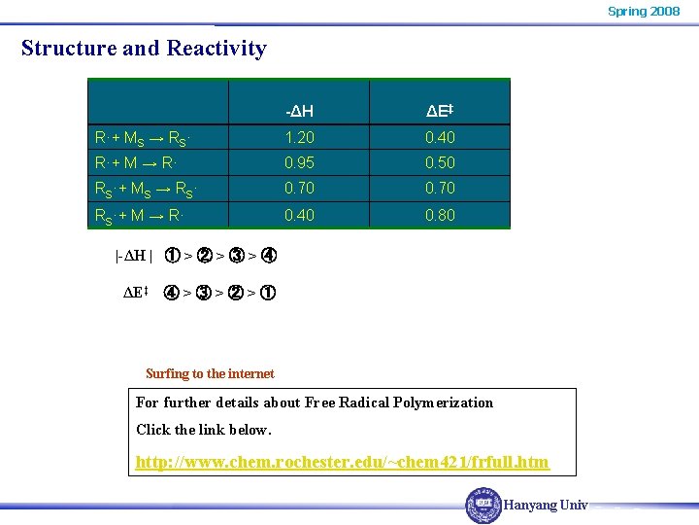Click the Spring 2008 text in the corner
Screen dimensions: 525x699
click(644, 11)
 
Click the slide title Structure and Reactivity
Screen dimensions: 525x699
click(144, 48)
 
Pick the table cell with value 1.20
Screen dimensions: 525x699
click(299, 137)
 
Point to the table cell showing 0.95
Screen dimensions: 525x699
click(299, 162)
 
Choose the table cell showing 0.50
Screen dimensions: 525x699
click(440, 162)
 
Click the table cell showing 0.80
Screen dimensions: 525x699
click(440, 215)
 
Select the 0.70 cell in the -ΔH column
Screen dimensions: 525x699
click(299, 188)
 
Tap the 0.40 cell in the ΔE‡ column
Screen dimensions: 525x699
click(440, 137)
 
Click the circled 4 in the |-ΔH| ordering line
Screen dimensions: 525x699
click(269, 257)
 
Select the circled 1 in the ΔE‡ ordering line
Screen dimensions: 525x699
click(268, 292)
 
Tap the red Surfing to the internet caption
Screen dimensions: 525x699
click(210, 373)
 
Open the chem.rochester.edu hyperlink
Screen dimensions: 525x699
click(342, 462)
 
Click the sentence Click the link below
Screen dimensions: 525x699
click(204, 430)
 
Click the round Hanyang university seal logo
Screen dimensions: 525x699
click(483, 506)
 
